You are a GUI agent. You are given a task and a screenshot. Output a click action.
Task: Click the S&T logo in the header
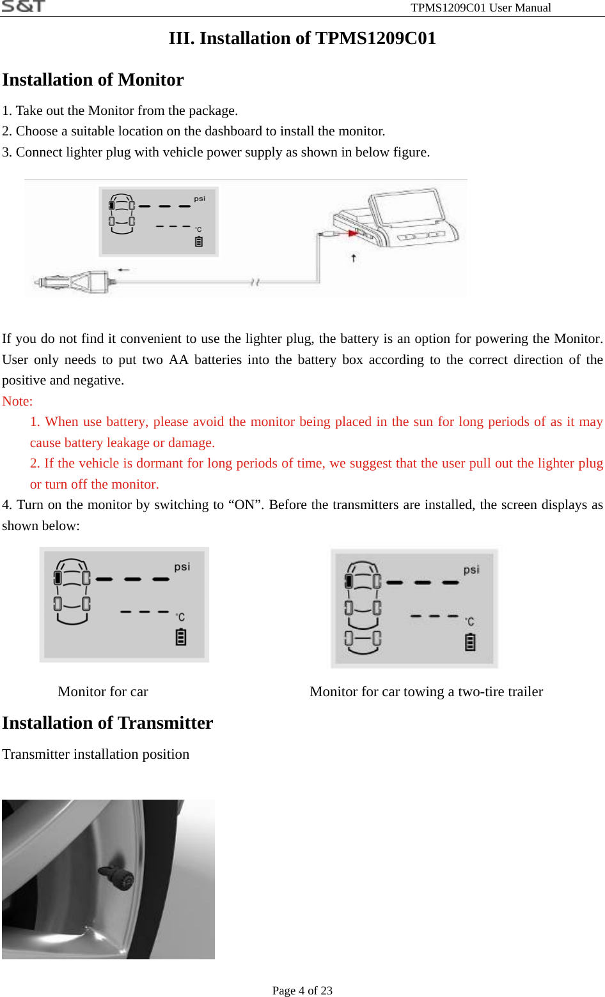coord(23,6)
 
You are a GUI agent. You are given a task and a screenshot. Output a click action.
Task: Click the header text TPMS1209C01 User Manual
coord(480,8)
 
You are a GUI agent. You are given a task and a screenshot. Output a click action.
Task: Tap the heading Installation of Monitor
coord(93,80)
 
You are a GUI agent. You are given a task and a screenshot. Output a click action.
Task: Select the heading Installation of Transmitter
coord(107,723)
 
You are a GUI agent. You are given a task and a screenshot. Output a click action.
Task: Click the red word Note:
coord(17,401)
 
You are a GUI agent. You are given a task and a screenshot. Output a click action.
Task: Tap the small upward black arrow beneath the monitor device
coord(354,258)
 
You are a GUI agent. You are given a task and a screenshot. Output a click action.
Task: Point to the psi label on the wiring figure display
coord(200,199)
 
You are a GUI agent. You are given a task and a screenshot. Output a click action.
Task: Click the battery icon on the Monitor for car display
coord(181,637)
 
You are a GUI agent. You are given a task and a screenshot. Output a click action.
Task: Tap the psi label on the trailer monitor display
coord(471,570)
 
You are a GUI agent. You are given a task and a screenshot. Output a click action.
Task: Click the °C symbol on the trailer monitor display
coord(469,621)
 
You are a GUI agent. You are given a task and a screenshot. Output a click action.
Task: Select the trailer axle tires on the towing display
coord(363,638)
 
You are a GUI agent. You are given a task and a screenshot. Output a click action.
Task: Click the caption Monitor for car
coord(103,692)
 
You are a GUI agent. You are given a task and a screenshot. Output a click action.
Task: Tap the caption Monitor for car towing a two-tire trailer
coord(426,692)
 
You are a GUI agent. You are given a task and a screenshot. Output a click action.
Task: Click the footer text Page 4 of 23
coord(302,991)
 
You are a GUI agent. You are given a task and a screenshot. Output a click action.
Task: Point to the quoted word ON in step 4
coord(246,505)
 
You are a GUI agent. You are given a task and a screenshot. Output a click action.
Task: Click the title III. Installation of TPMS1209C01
coord(302,38)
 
